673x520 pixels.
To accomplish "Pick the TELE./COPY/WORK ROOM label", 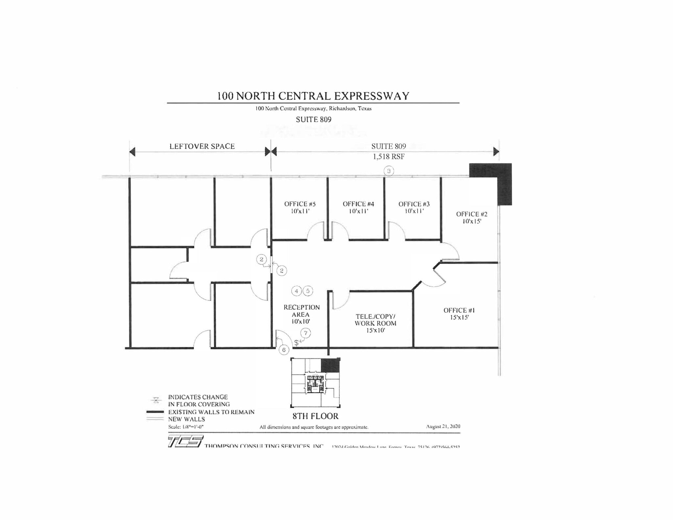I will tap(375, 323).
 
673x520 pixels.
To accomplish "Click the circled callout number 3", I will tap(389, 171).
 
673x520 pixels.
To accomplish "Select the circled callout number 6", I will tap(284, 350).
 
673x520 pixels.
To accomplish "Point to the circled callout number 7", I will tap(306, 333).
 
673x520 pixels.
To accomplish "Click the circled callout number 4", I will tap(296, 291).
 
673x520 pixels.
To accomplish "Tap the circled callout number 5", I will tap(308, 291).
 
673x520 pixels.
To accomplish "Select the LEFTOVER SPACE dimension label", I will tap(202, 147).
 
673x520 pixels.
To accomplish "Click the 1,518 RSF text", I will tap(388, 157).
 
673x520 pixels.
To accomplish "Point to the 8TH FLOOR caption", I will tap(315, 416).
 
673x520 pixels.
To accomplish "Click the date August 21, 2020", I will tap(443, 426).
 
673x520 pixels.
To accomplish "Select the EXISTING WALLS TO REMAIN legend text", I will tap(211, 412).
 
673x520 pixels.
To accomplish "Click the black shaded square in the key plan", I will tap(330, 365).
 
